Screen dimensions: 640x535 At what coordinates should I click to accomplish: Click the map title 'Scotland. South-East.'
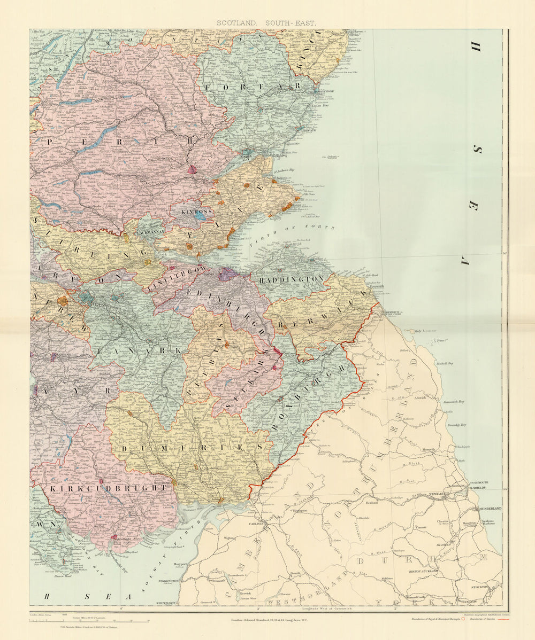tap(266, 23)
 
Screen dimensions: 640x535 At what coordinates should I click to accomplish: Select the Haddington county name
tap(291, 279)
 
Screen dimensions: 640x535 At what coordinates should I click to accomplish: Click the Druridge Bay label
tap(456, 425)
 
